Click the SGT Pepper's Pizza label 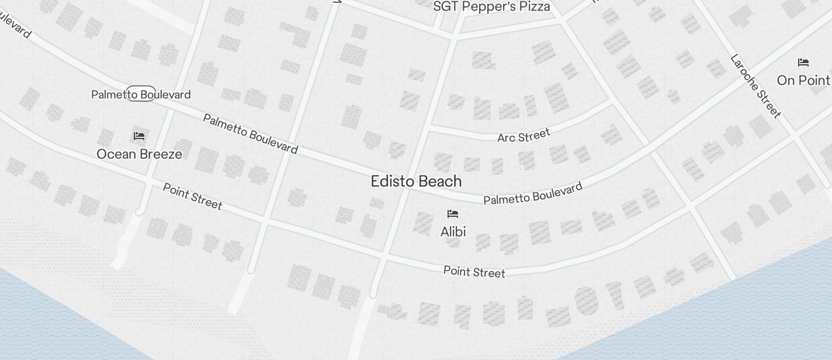491,6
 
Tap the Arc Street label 524,136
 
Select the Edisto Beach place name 416,181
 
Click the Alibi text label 453,232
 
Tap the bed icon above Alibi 453,214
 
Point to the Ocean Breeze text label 139,154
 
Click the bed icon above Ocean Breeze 139,136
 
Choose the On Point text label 803,80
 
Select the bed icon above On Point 803,63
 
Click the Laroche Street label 755,85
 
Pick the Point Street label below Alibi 474,272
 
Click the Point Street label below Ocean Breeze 192,196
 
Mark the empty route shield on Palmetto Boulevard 141,94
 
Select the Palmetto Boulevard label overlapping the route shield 141,94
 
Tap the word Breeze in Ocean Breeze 161,154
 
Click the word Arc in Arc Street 506,139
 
